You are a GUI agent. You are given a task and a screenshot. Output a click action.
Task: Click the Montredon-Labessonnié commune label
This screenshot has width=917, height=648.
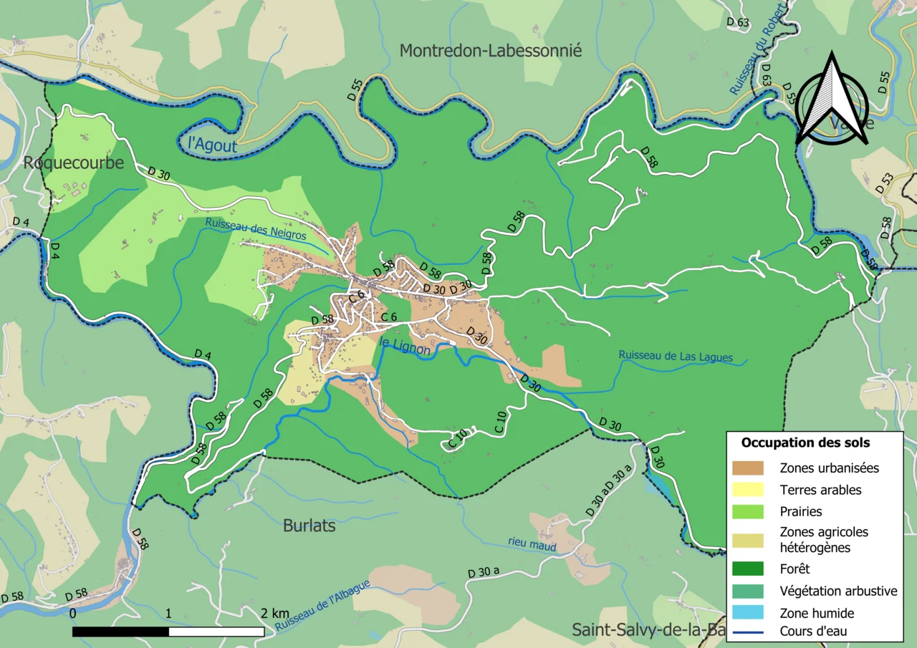click(x=491, y=51)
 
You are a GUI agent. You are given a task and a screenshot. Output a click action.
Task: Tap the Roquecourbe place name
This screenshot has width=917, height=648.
click(x=73, y=163)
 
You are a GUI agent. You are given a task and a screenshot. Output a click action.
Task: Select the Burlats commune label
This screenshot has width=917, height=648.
click(x=309, y=526)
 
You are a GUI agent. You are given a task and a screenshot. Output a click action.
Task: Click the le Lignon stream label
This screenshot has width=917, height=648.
click(x=405, y=347)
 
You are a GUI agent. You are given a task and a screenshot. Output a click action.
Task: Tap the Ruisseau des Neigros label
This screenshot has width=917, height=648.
click(x=255, y=228)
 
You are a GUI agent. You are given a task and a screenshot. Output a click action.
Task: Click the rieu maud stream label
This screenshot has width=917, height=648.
click(x=532, y=544)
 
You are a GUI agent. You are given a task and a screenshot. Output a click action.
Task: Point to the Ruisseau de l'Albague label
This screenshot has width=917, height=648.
click(x=322, y=606)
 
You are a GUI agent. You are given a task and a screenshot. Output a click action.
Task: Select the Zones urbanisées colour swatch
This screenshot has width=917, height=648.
click(x=748, y=468)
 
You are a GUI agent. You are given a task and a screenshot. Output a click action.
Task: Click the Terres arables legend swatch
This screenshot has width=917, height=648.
click(x=748, y=490)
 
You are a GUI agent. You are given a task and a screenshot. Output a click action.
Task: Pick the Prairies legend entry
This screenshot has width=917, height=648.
click(x=801, y=512)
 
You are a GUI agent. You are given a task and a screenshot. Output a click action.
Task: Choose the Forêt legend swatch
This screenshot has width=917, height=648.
click(x=748, y=569)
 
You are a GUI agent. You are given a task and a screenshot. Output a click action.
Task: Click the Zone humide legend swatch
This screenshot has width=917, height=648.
click(x=748, y=613)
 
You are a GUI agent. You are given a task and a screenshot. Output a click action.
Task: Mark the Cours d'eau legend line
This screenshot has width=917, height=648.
click(x=748, y=632)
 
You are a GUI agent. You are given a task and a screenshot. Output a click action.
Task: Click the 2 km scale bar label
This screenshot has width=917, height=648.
click(x=274, y=614)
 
